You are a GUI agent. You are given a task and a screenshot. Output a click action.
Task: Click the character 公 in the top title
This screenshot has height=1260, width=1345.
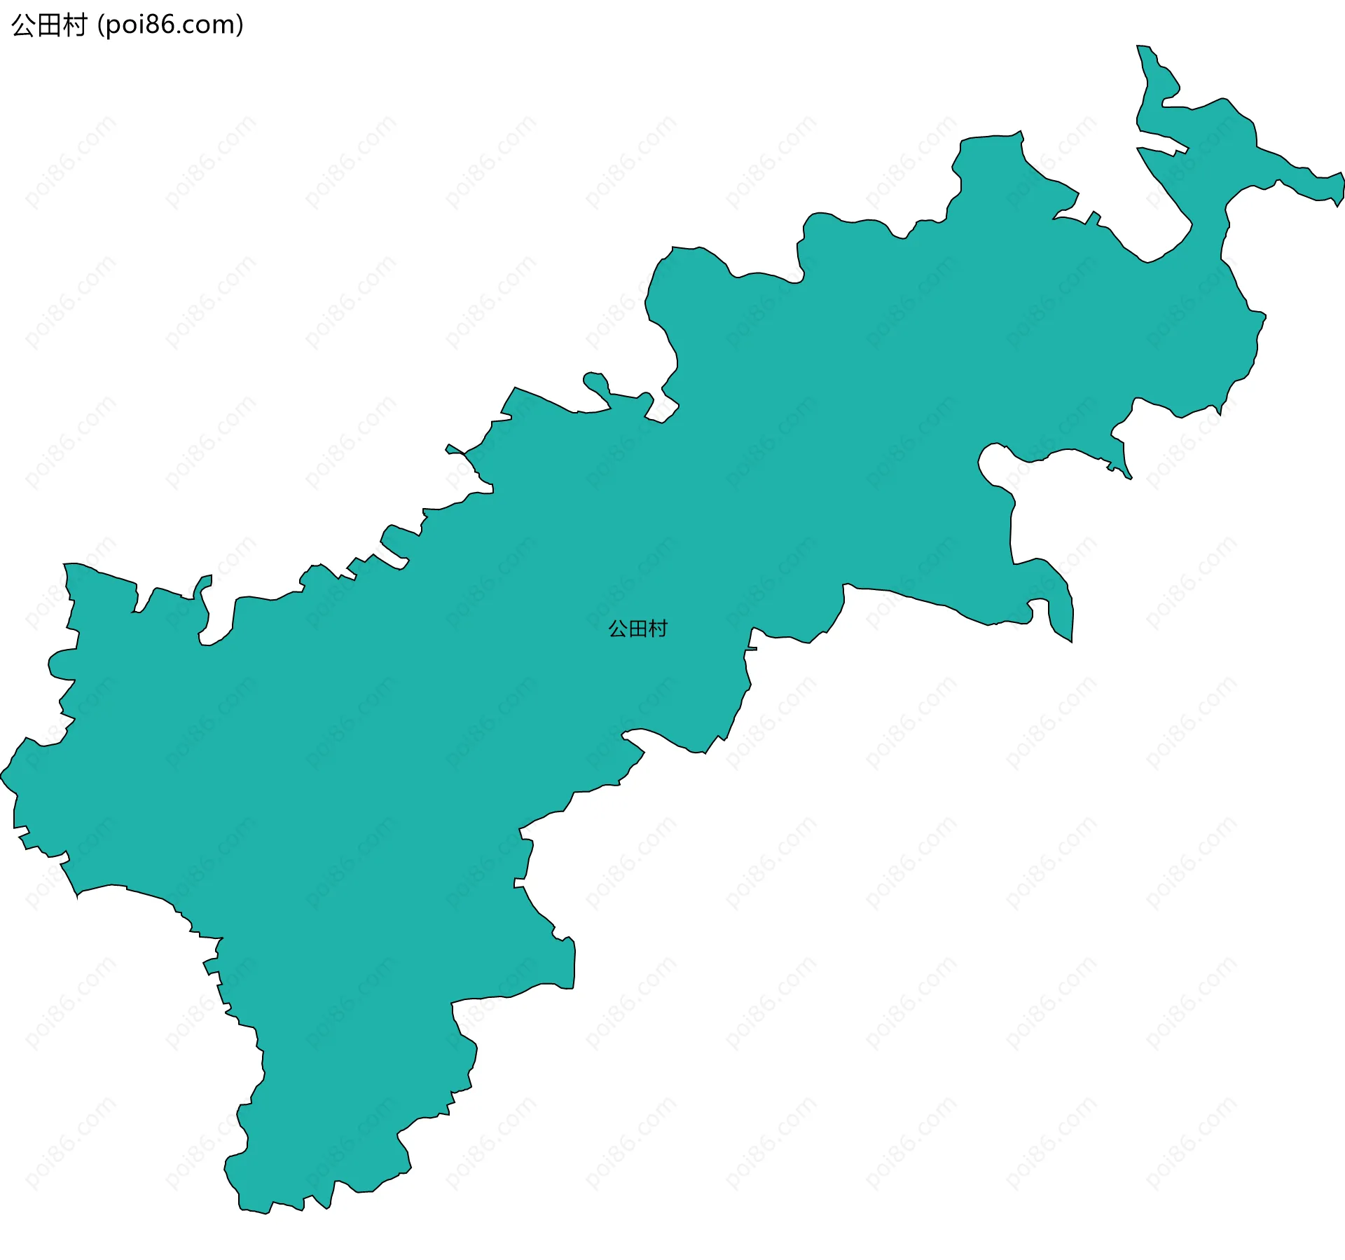[22, 25]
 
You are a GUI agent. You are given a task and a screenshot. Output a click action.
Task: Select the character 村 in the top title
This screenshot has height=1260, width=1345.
[74, 25]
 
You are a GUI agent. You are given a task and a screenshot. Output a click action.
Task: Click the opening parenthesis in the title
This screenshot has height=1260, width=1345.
[101, 25]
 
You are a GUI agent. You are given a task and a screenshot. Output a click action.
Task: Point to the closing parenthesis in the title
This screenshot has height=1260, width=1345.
[240, 25]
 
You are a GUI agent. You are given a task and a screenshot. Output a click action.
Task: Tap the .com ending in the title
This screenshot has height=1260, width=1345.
[204, 25]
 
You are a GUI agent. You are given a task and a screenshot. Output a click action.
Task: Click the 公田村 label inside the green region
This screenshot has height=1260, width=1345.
[637, 629]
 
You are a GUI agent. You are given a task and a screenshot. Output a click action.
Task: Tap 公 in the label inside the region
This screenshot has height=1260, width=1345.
[618, 629]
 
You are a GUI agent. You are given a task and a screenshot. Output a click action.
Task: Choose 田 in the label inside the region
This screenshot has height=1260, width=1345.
[637, 629]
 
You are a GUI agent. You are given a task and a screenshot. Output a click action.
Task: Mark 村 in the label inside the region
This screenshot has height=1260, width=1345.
[658, 629]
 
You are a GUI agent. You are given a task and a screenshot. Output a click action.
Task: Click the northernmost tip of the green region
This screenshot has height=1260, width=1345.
[1140, 47]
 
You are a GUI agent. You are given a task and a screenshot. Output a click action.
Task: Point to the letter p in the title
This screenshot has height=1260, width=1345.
[113, 27]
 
